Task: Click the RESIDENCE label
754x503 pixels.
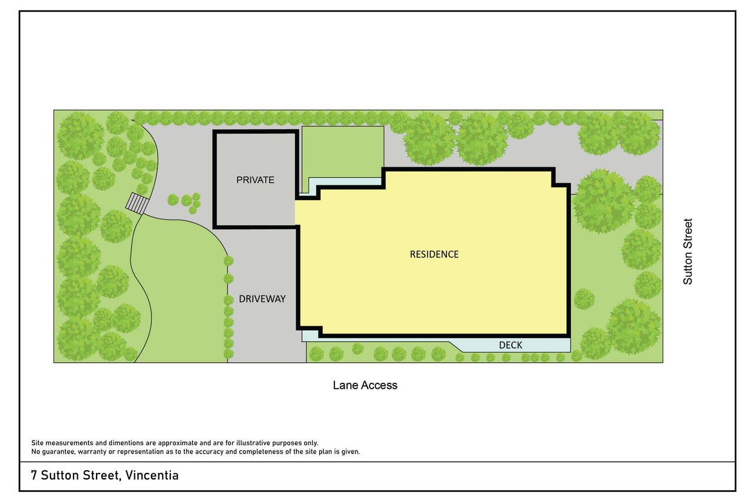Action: click(434, 254)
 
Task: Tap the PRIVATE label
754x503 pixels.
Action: click(255, 180)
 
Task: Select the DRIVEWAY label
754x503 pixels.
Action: click(262, 299)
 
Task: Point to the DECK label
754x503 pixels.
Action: click(510, 345)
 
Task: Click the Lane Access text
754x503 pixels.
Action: click(365, 385)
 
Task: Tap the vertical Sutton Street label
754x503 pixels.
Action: click(687, 251)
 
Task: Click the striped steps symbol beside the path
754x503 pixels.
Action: click(137, 203)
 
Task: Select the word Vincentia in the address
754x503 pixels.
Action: click(152, 475)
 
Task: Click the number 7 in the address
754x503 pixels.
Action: click(34, 475)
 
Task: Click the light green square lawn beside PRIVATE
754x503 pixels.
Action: click(343, 152)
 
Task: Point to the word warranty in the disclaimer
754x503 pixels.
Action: click(92, 452)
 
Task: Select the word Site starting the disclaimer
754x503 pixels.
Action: click(37, 443)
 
